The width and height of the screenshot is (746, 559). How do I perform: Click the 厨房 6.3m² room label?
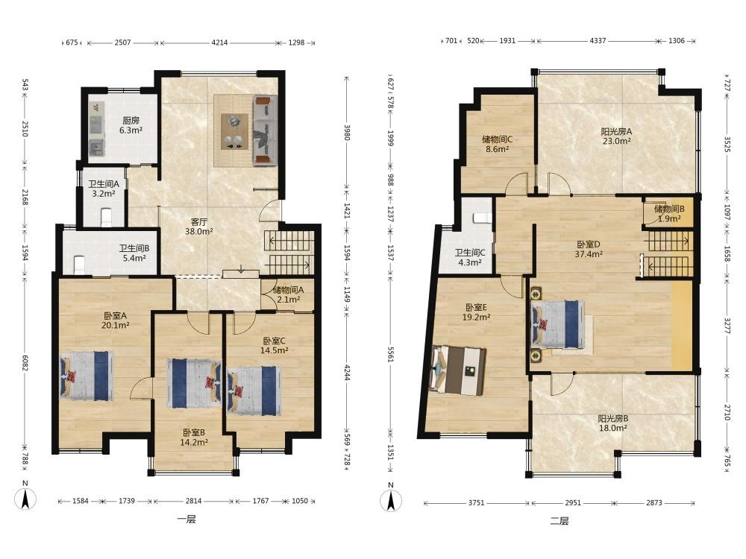click(131, 125)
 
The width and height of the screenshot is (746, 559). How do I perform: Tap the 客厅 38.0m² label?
click(199, 227)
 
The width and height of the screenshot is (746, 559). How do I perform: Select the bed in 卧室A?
click(87, 376)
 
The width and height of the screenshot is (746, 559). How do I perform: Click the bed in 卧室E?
click(458, 370)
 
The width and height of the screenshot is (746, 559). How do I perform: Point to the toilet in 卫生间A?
click(106, 217)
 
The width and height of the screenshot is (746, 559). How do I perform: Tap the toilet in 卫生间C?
click(483, 218)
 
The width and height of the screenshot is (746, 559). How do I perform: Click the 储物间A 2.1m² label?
click(288, 294)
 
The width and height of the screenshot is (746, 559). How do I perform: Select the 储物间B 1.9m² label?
click(669, 213)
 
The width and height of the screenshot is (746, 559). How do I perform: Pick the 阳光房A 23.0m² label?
click(616, 136)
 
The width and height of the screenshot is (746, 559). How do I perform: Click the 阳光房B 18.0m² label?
click(612, 423)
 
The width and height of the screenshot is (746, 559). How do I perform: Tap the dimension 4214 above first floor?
click(219, 42)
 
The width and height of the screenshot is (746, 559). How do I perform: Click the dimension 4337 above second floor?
click(598, 41)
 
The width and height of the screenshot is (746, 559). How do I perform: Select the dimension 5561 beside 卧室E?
click(391, 353)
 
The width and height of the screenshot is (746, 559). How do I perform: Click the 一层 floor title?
click(186, 519)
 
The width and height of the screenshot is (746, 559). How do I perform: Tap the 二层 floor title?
click(559, 522)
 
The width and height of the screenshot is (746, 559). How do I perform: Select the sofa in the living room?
click(265, 130)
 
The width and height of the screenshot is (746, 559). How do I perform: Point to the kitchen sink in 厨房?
click(97, 148)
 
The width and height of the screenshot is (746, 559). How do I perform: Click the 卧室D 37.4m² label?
click(589, 249)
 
